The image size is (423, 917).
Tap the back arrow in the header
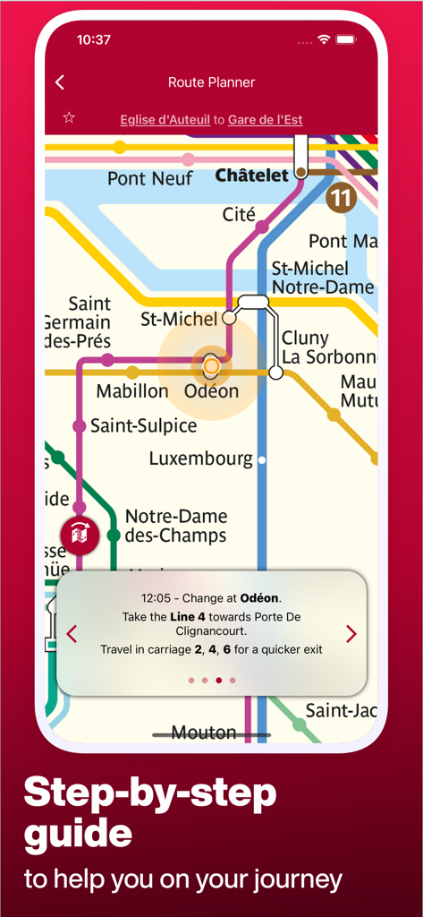click(x=60, y=82)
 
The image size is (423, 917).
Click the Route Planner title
click(x=212, y=82)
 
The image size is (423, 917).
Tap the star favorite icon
click(x=69, y=118)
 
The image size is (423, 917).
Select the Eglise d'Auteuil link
click(x=165, y=119)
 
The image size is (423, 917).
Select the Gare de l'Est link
click(x=265, y=119)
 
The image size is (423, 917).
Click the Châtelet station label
click(x=251, y=176)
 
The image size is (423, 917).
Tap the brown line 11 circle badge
click(x=342, y=197)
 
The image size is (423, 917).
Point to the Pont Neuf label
click(x=149, y=179)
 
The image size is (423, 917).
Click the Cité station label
click(x=239, y=215)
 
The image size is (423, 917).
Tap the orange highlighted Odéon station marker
click(x=211, y=365)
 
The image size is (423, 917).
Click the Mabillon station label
click(x=131, y=391)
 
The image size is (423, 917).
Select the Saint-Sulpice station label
click(x=143, y=426)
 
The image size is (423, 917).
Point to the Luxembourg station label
click(x=200, y=458)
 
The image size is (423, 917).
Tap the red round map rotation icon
click(x=79, y=535)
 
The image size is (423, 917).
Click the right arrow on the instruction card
click(x=351, y=634)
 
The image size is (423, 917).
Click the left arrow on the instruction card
click(x=72, y=634)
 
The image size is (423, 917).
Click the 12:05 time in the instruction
click(x=157, y=598)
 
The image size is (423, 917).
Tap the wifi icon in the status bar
click(x=324, y=39)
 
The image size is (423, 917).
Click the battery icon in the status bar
click(x=346, y=39)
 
